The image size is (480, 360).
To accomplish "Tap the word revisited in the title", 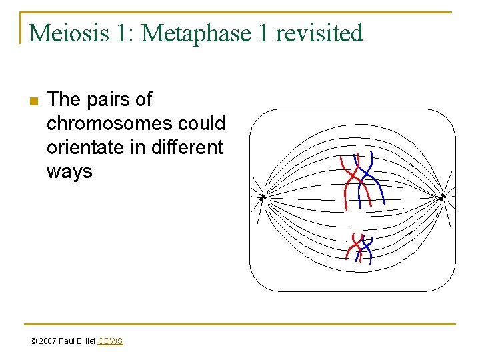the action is (321, 33).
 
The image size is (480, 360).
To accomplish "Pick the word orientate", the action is (85, 147).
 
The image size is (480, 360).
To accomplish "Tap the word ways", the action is (69, 171).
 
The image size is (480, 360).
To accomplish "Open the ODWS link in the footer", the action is (110, 341).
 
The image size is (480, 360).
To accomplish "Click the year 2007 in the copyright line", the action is (47, 341).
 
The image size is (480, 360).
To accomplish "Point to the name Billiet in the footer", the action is (85, 341).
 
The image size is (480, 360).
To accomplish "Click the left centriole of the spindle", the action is (263, 197).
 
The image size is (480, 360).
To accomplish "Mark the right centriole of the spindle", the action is (441, 197).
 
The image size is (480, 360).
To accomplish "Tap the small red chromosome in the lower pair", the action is (352, 250).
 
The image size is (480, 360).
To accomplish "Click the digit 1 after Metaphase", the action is (263, 33).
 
